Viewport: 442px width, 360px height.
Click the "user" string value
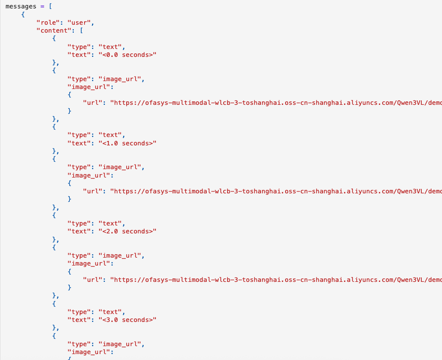[x=80, y=23]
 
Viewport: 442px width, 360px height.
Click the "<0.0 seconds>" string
[x=127, y=55]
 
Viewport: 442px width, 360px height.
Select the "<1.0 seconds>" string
[x=127, y=143]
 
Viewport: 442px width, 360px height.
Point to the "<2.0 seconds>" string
[x=127, y=231]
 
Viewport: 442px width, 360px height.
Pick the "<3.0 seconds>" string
[x=127, y=320]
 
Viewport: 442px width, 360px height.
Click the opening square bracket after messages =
[x=50, y=6]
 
